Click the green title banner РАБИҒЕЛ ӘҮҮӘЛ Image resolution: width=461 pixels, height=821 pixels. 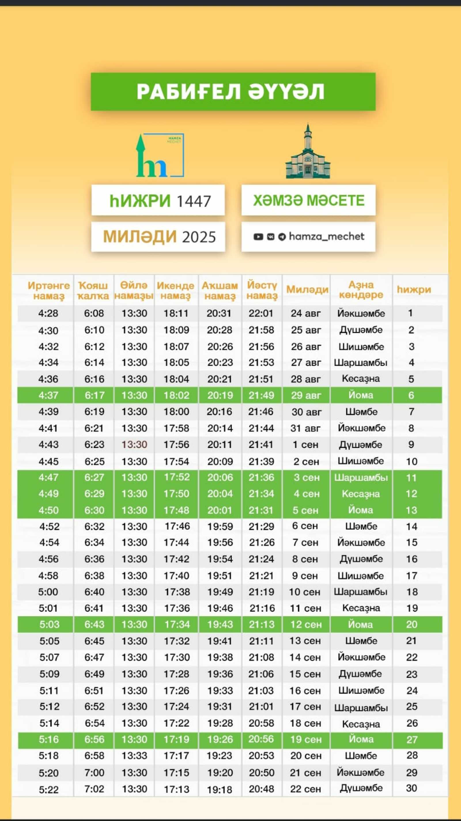[x=233, y=92]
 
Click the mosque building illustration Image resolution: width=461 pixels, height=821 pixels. [x=308, y=152]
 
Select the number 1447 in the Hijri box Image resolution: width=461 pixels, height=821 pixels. [x=193, y=202]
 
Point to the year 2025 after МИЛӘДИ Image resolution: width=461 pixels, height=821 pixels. [x=199, y=237]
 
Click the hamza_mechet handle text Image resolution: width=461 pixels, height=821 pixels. [x=326, y=236]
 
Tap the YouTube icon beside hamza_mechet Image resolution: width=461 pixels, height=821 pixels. [x=258, y=237]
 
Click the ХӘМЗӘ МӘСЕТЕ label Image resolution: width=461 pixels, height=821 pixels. [x=308, y=200]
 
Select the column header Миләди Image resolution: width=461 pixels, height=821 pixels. [x=307, y=289]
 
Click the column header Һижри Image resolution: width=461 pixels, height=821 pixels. [x=413, y=289]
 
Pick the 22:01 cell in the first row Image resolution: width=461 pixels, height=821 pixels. [x=261, y=313]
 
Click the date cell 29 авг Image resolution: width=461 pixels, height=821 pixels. [x=306, y=395]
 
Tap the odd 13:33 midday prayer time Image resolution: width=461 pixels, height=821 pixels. [x=135, y=755]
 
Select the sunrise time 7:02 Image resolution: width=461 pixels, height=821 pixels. [x=94, y=789]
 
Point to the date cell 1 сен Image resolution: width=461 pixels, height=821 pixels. [x=305, y=445]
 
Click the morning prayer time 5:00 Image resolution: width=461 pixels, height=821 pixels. [x=48, y=592]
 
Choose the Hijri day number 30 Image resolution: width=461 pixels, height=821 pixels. [x=411, y=788]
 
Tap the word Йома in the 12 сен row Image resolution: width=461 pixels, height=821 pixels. [x=360, y=624]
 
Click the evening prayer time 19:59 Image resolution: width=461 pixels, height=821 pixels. [x=220, y=526]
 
